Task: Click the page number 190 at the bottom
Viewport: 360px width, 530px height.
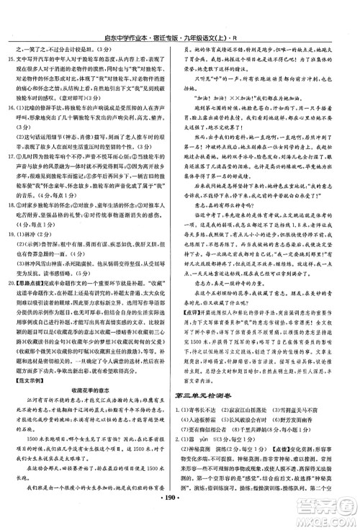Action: (180, 517)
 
